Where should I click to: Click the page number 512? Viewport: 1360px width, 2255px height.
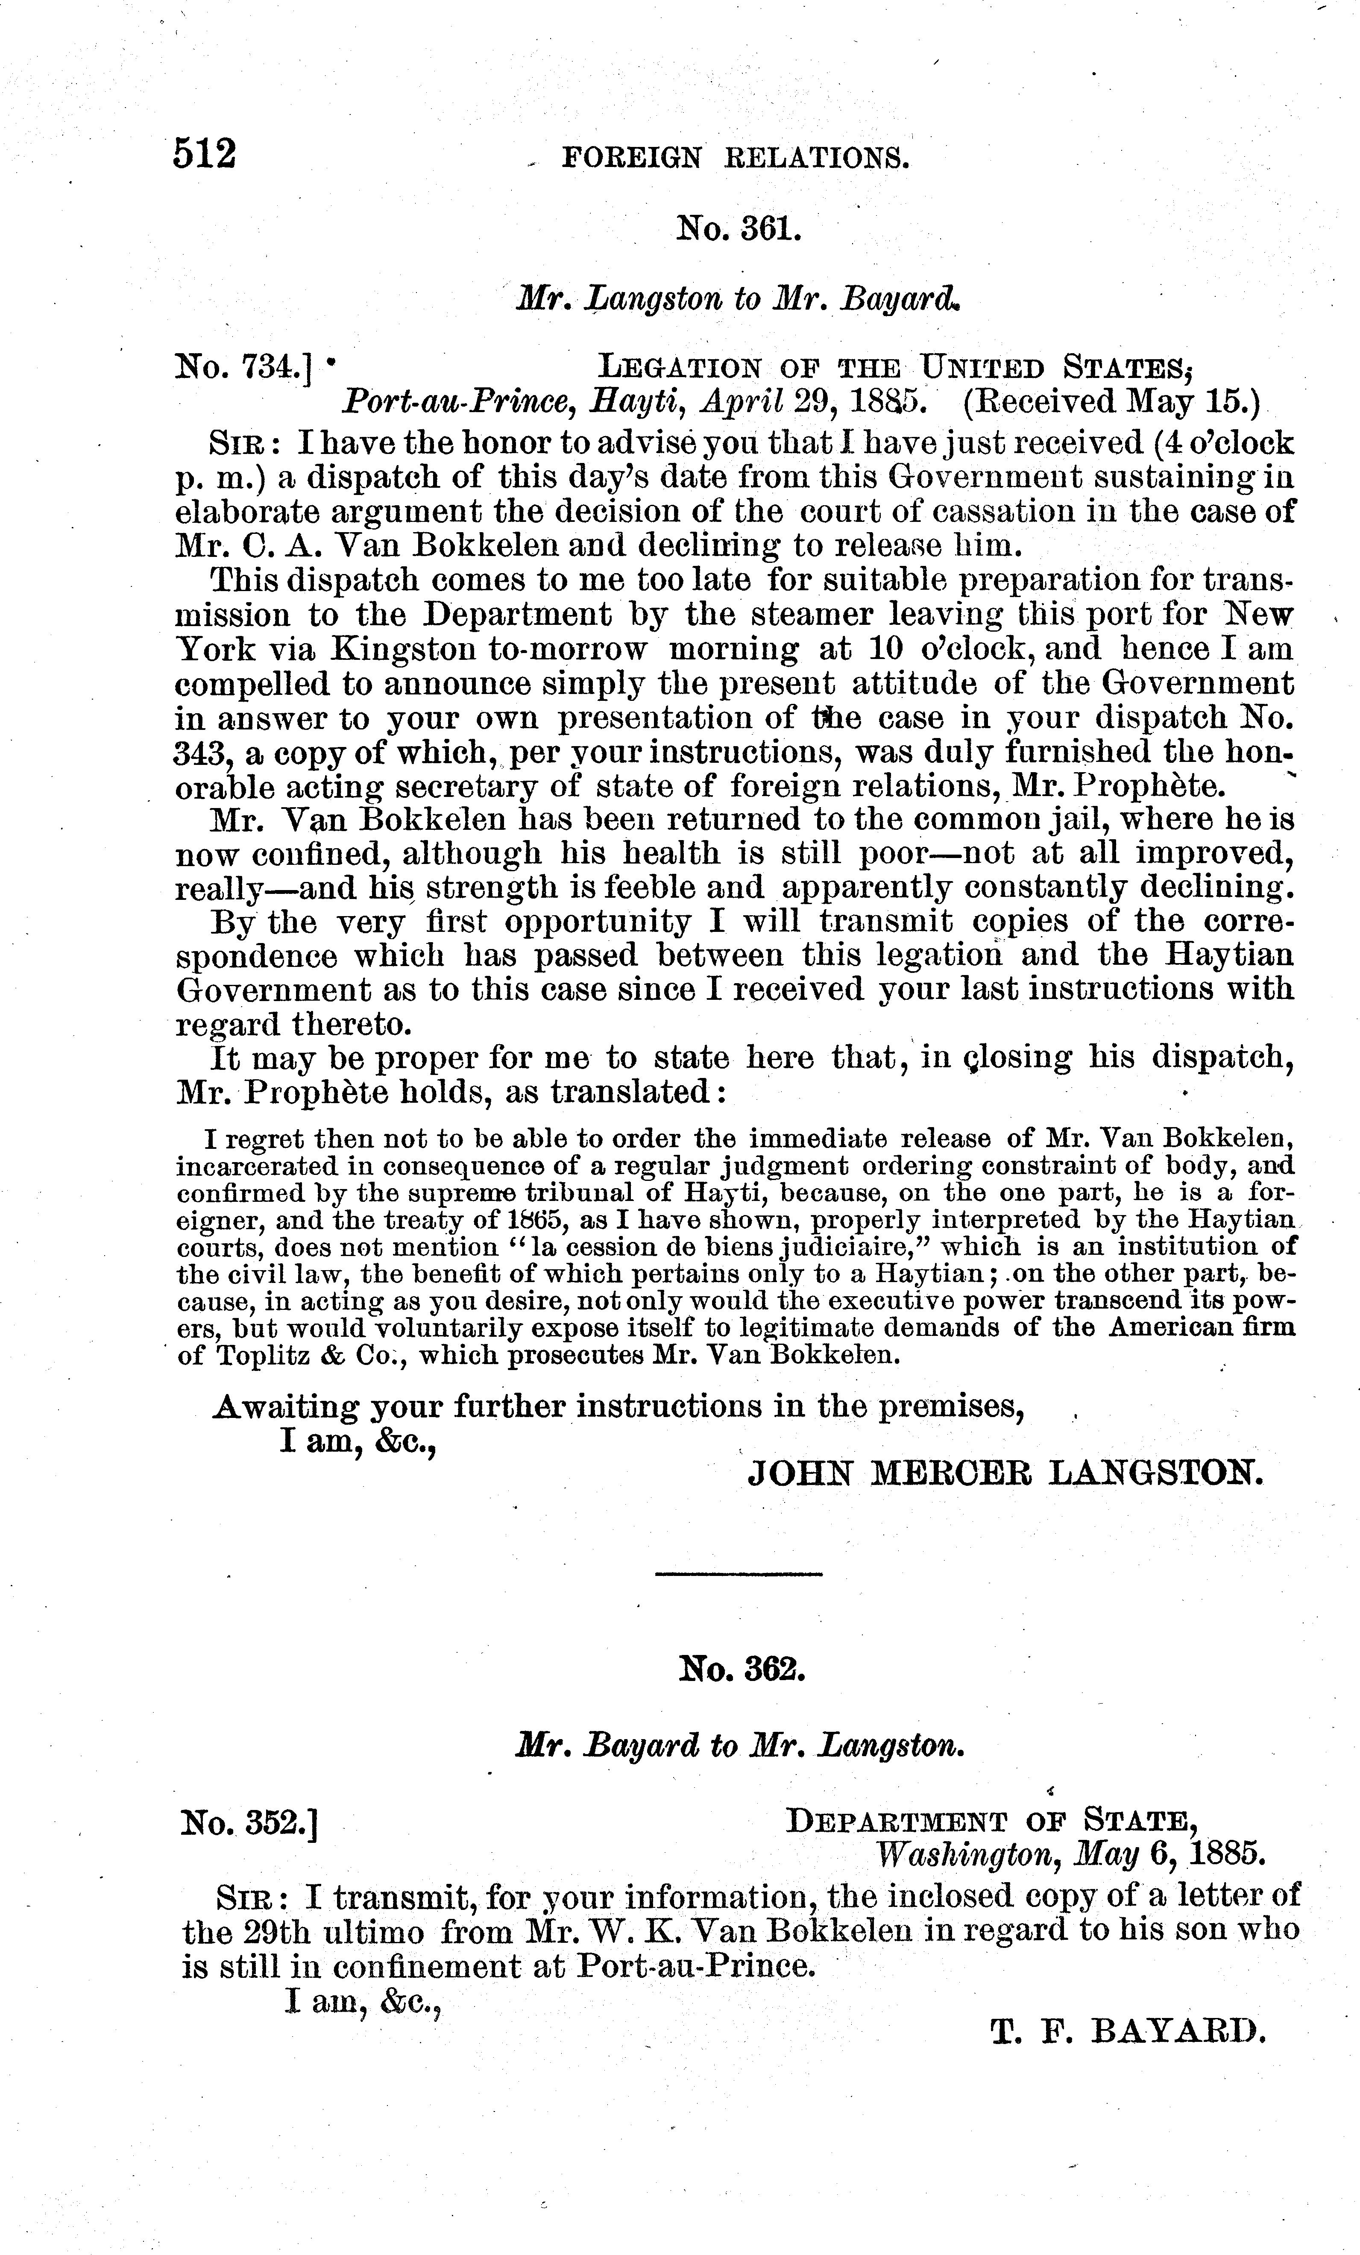click(x=205, y=153)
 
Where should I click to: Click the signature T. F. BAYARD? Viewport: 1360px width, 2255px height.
click(x=1128, y=2032)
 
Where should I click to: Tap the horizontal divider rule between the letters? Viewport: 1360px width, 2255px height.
click(x=739, y=1573)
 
